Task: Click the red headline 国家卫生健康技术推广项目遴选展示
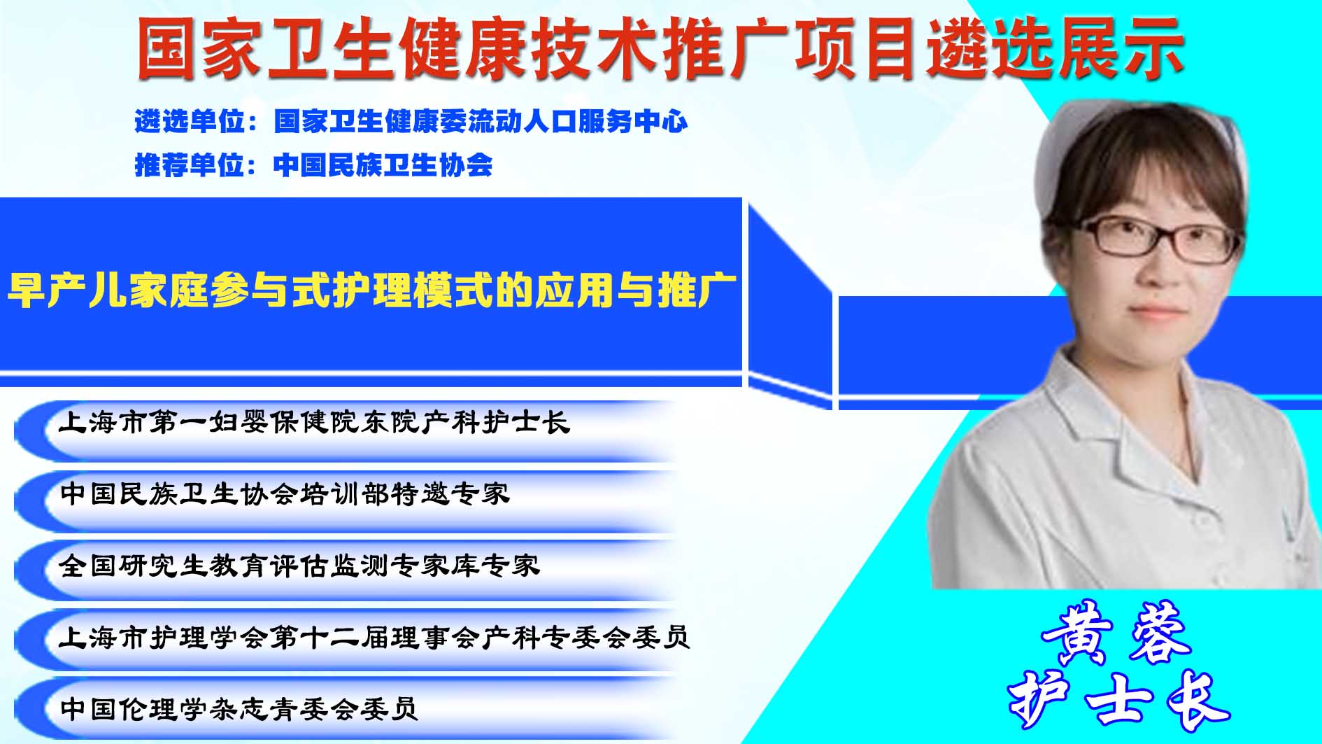[x=660, y=48]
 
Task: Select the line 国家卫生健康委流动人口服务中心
[x=481, y=122]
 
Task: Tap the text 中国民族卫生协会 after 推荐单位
[x=383, y=165]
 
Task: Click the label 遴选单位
[x=190, y=122]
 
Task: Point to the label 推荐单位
[x=190, y=165]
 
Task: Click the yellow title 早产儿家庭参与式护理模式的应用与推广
[x=372, y=290]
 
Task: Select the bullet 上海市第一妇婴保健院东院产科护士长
[x=315, y=423]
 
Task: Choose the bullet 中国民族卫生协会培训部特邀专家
[x=285, y=494]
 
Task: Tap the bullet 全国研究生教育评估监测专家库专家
[x=299, y=566]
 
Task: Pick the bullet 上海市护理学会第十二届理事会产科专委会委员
[x=375, y=638]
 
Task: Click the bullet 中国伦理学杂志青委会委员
[x=239, y=709]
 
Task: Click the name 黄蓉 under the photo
[x=1116, y=633]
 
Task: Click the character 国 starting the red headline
[x=167, y=48]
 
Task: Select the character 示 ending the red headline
[x=1153, y=48]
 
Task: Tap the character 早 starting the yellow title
[x=27, y=290]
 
